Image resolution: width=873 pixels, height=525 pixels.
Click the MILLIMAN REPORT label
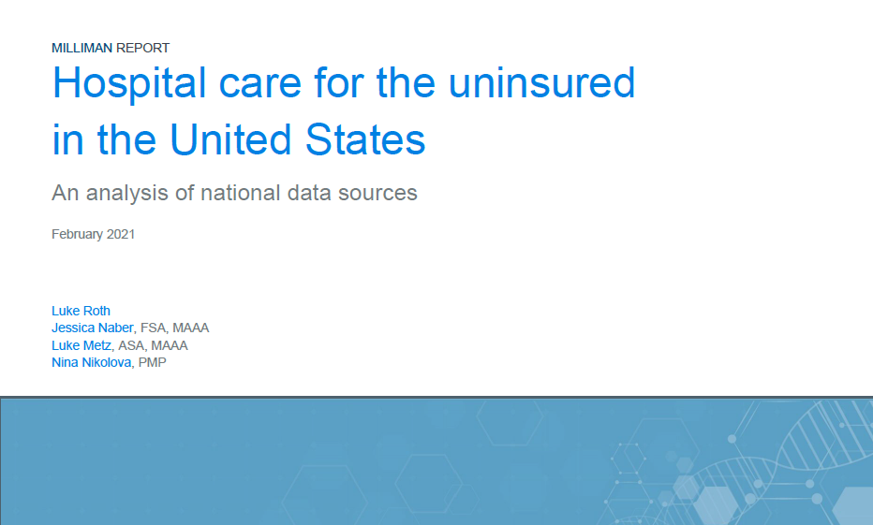(x=111, y=49)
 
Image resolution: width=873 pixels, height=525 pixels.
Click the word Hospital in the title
(x=129, y=84)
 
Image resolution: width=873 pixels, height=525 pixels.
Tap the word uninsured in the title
(x=541, y=83)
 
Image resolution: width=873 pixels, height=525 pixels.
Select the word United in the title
(x=230, y=139)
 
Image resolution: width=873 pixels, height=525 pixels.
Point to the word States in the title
(x=365, y=139)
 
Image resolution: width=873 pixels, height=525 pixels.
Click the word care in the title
(x=260, y=87)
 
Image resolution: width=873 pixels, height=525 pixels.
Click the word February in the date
(x=78, y=235)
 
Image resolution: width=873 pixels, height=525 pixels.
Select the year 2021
(x=121, y=234)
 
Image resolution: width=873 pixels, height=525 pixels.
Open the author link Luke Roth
(x=81, y=311)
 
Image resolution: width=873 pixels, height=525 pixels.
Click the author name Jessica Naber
(x=93, y=328)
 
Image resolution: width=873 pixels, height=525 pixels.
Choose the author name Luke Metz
(x=81, y=346)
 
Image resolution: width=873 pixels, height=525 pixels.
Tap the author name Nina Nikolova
(x=91, y=362)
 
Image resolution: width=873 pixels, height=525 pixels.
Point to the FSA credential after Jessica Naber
(x=153, y=328)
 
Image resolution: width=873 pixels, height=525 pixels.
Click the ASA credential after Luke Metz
(x=131, y=346)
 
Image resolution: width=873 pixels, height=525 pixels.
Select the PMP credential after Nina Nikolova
(x=152, y=362)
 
